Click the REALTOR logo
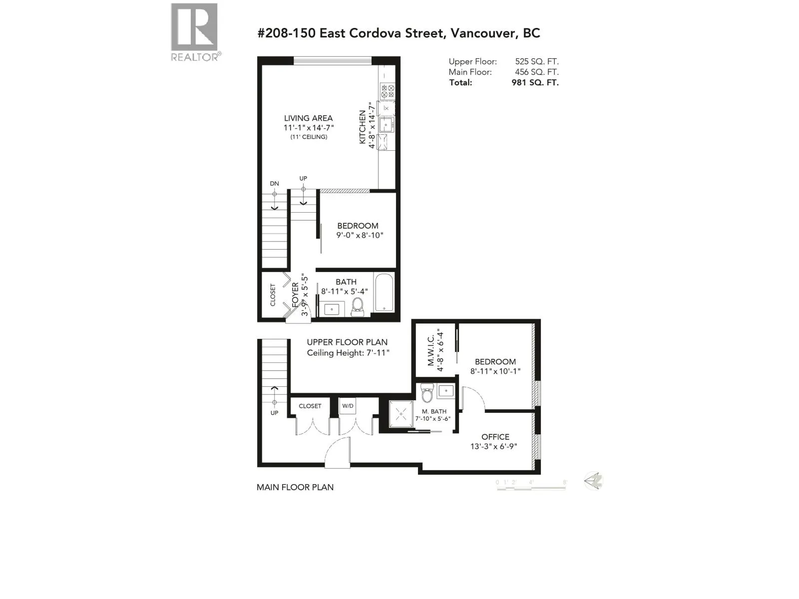195,32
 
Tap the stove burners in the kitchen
387,91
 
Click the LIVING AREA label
308,118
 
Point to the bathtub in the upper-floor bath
384,293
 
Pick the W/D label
348,406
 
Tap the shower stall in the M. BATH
401,414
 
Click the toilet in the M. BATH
426,393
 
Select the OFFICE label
495,437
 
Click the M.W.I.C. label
431,350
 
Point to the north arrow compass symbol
593,481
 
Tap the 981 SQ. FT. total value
535,82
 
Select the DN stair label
275,184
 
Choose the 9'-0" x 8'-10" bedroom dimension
360,235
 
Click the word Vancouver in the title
482,33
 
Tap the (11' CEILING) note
309,137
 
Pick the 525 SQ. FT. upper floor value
536,61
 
